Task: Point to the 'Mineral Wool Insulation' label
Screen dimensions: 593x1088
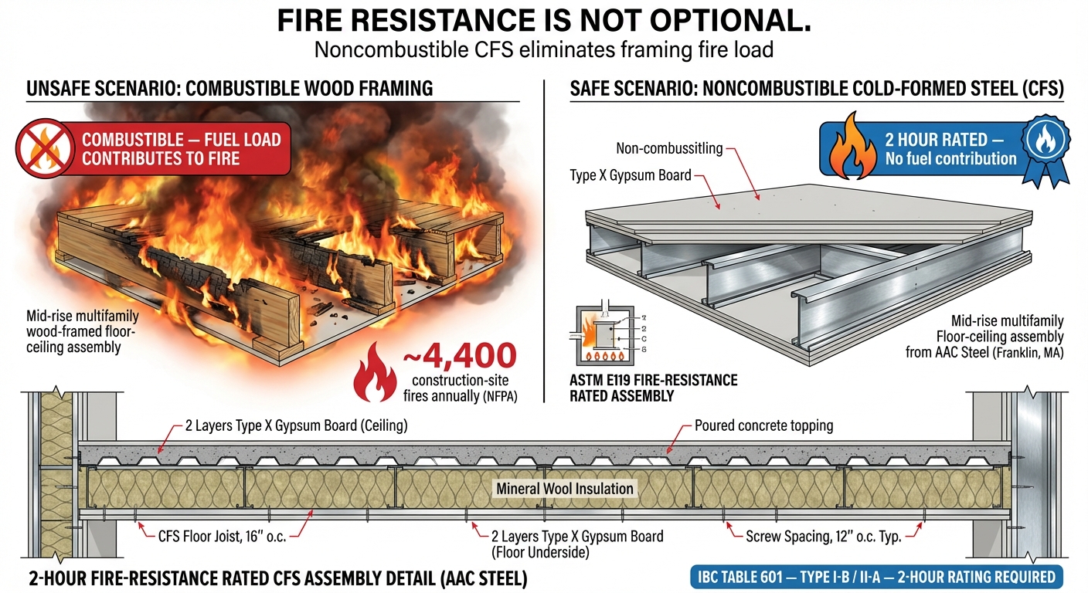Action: (x=564, y=489)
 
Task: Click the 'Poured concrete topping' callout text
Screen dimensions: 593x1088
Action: (x=763, y=425)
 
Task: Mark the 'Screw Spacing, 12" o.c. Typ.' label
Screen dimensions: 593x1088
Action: (x=823, y=535)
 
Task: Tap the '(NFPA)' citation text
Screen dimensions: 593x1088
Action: (x=499, y=396)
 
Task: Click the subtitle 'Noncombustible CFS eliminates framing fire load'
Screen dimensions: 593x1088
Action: (x=543, y=51)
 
